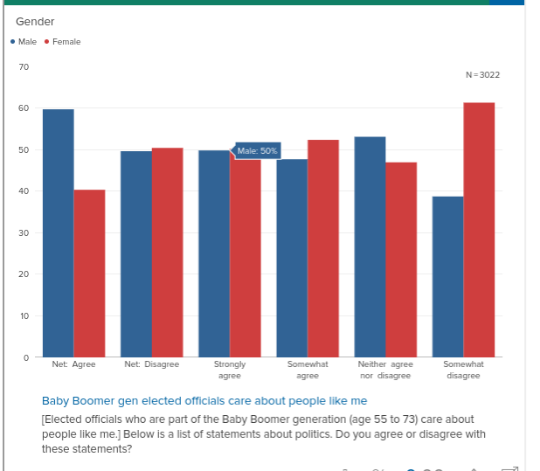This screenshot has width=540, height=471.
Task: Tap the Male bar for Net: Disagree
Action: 135,254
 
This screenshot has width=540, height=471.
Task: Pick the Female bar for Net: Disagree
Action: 167,253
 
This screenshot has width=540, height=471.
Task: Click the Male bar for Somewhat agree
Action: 292,259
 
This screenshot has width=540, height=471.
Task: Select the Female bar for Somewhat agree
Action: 322,249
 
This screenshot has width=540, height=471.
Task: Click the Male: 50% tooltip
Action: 258,151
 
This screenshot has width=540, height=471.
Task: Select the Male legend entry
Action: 24,42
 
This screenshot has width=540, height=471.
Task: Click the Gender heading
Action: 35,21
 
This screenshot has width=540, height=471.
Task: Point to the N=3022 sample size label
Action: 483,75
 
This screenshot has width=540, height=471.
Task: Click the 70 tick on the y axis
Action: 24,66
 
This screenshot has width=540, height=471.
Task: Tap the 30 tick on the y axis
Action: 24,233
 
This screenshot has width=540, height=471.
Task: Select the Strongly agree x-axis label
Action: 229,370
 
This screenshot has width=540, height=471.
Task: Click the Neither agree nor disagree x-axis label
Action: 384,370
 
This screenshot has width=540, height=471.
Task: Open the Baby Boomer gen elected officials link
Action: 204,401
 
